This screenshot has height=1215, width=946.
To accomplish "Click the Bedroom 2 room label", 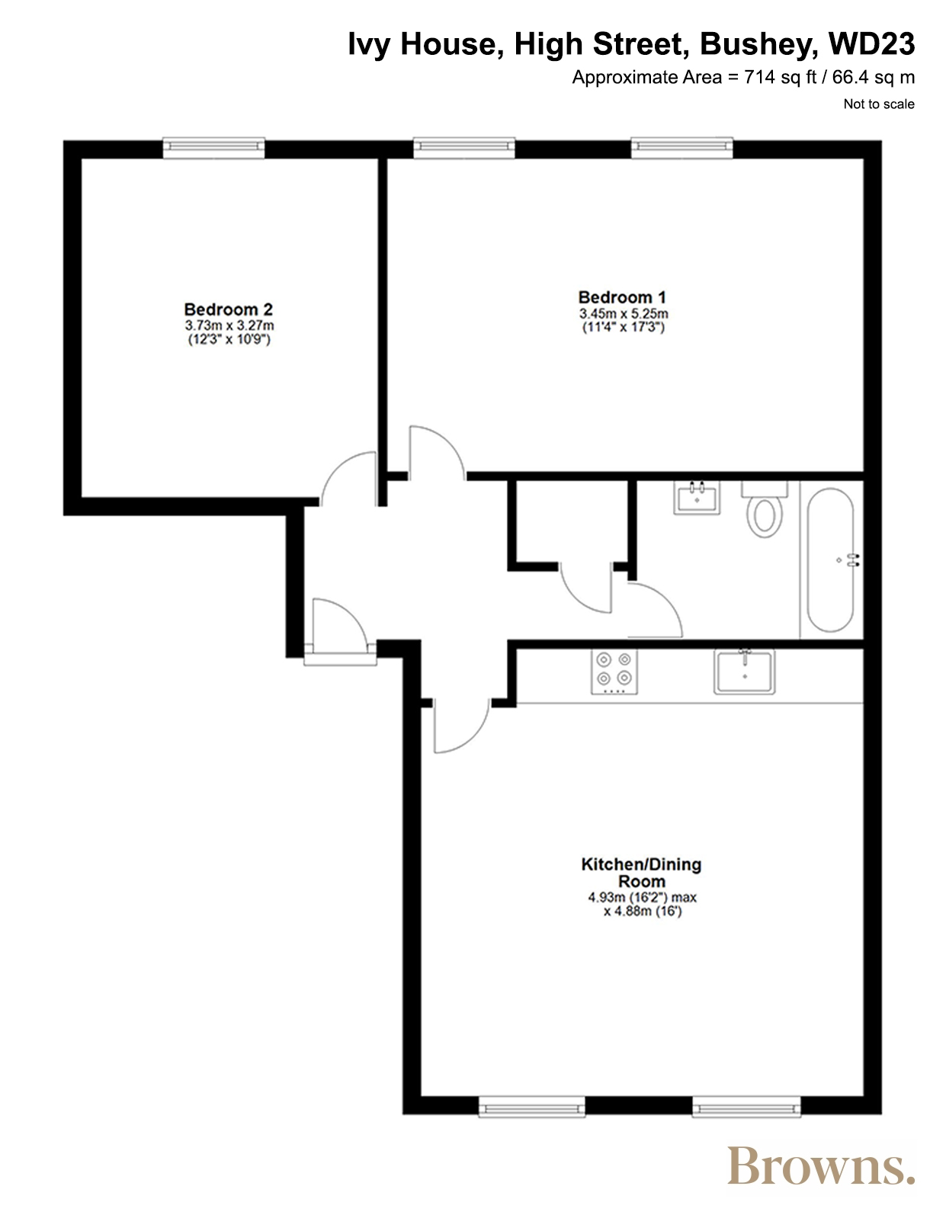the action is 228,309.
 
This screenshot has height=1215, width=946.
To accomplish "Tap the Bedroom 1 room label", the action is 622,297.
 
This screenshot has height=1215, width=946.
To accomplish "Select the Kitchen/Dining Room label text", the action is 641,872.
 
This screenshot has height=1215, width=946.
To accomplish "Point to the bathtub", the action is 830,559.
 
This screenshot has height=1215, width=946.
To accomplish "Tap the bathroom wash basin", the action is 697,497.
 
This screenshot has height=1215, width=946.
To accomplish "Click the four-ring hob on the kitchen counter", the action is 614,672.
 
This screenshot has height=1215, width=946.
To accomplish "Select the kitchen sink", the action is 744,672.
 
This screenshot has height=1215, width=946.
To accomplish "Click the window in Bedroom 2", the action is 213,147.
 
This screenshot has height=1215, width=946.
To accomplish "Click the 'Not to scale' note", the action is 879,104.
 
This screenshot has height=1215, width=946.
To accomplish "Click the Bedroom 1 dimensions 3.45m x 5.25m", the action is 624,314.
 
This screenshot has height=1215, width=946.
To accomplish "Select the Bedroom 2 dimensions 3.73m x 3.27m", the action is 229,325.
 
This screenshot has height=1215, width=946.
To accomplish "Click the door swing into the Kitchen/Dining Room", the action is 475,737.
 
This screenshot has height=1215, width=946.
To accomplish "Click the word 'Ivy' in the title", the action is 369,45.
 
